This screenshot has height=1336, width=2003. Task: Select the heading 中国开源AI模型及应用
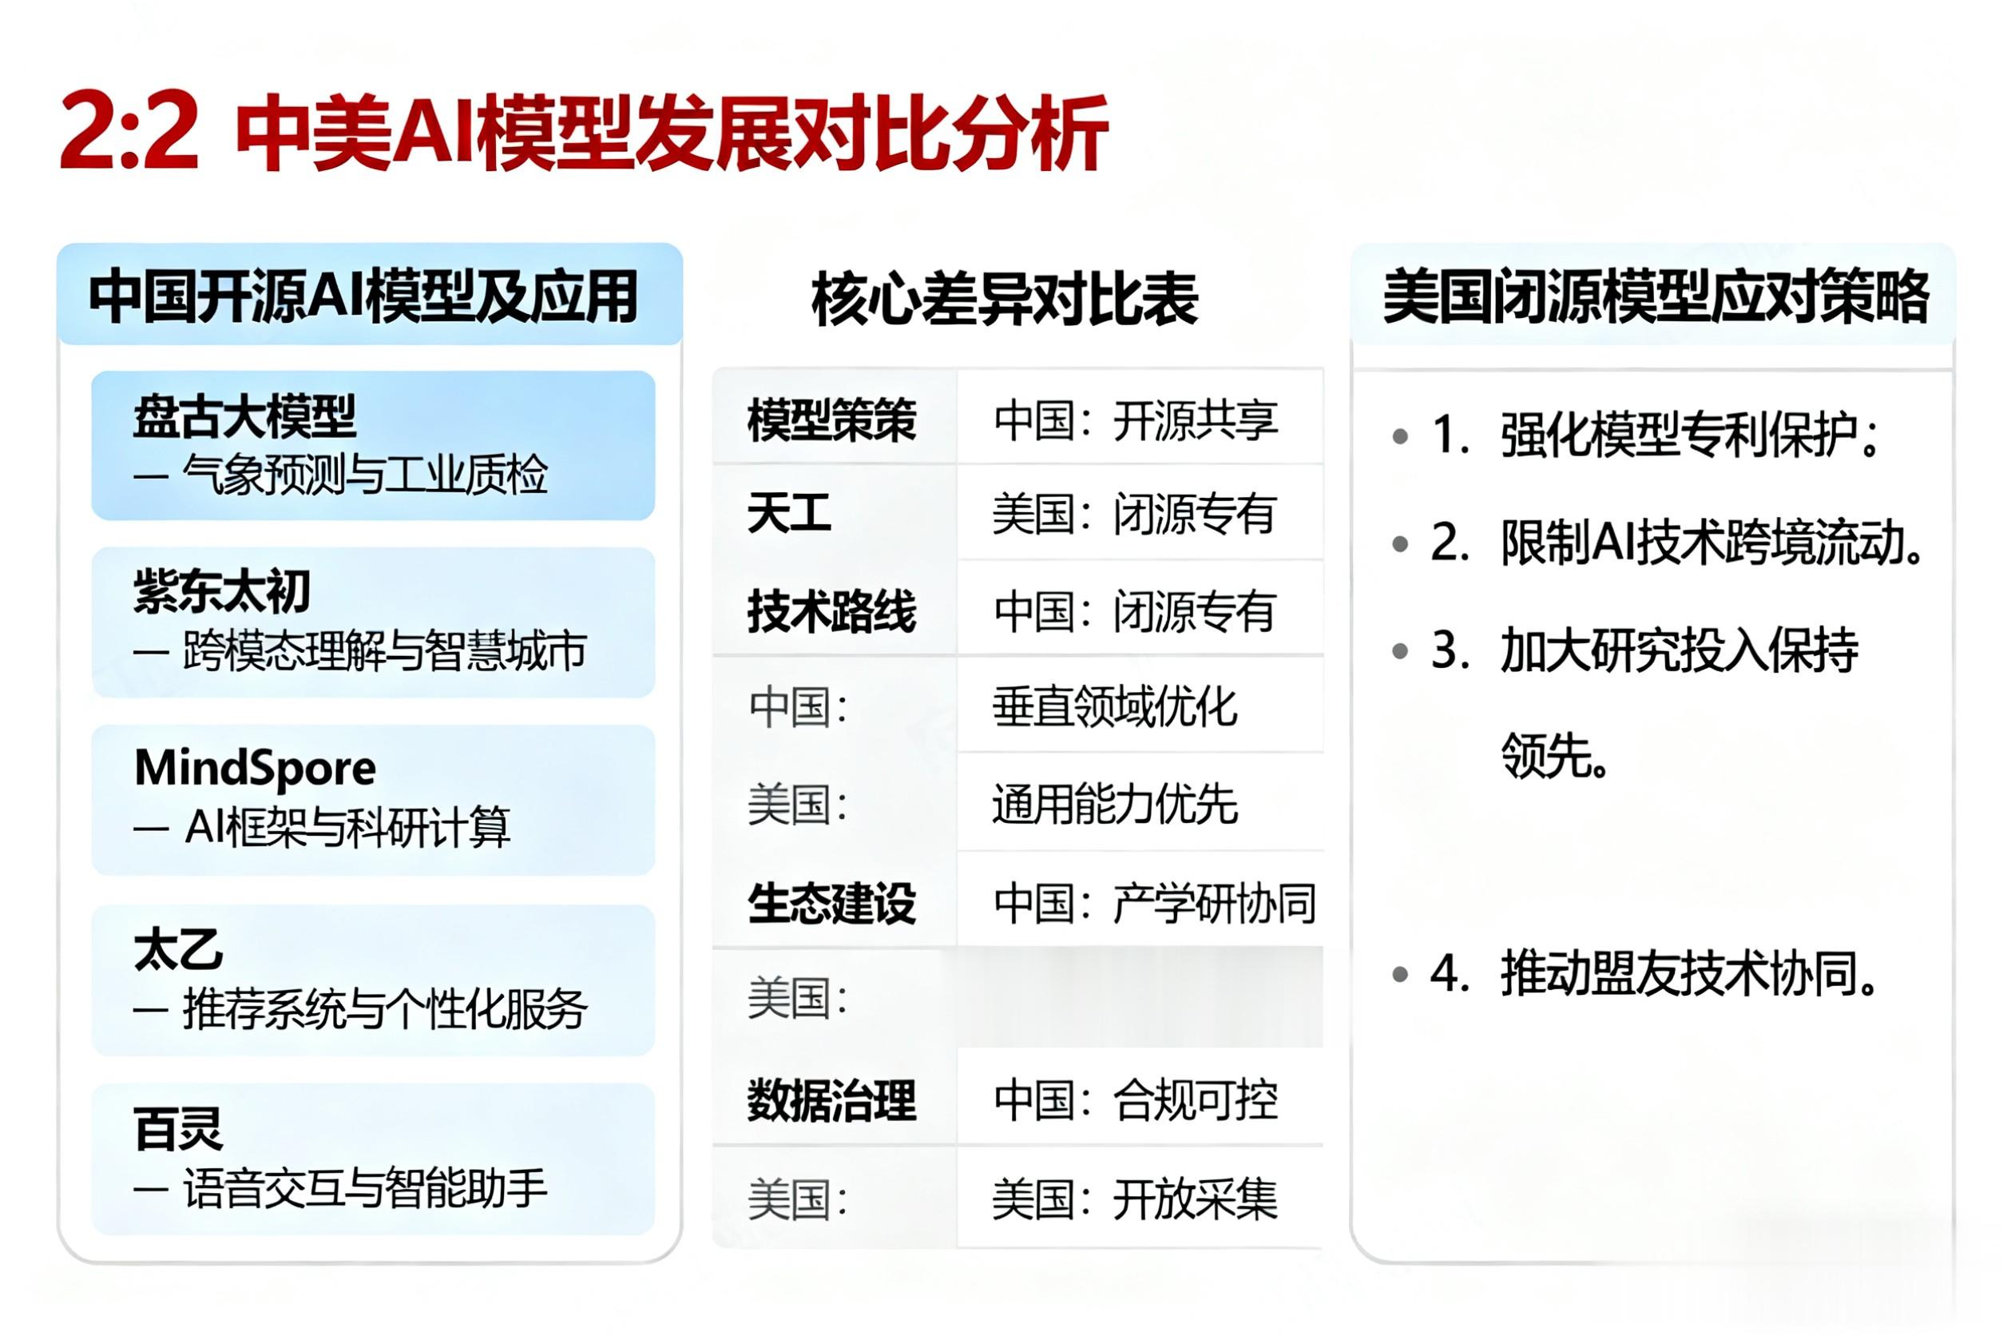click(363, 296)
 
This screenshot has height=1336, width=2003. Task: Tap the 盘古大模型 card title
click(244, 416)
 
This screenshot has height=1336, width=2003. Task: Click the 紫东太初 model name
click(221, 591)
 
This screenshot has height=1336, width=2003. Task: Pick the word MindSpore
click(255, 769)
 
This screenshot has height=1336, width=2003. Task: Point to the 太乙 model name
click(178, 950)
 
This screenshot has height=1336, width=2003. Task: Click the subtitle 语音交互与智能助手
click(365, 1189)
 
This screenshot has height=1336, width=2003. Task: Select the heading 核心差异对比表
click(1005, 299)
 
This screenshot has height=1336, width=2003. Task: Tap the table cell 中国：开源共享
click(1136, 420)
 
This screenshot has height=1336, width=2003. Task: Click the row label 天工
click(788, 514)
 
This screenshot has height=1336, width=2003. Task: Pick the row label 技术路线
click(831, 612)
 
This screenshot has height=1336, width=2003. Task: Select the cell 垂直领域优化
click(1114, 707)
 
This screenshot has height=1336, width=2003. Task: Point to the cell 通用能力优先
click(1114, 805)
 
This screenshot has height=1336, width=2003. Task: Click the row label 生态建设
click(831, 903)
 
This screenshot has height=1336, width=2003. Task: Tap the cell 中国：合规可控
click(1136, 1100)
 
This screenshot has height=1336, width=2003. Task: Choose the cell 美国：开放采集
click(1135, 1199)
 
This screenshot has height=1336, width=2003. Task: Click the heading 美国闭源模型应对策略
click(1655, 296)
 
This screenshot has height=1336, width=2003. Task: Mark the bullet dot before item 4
click(1400, 974)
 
